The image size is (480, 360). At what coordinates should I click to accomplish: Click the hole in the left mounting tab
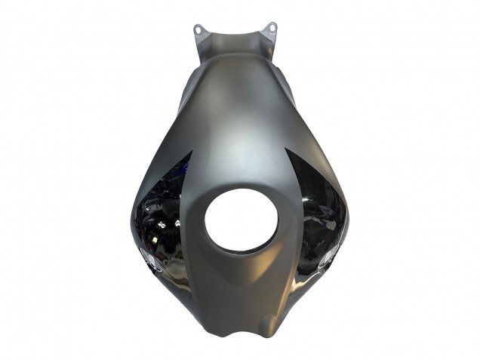pos(198,29)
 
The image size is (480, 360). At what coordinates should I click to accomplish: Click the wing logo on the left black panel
pos(150,260)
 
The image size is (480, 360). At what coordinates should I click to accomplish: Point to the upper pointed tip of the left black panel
pos(191,152)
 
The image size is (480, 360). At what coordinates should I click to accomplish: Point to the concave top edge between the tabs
pos(235,35)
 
